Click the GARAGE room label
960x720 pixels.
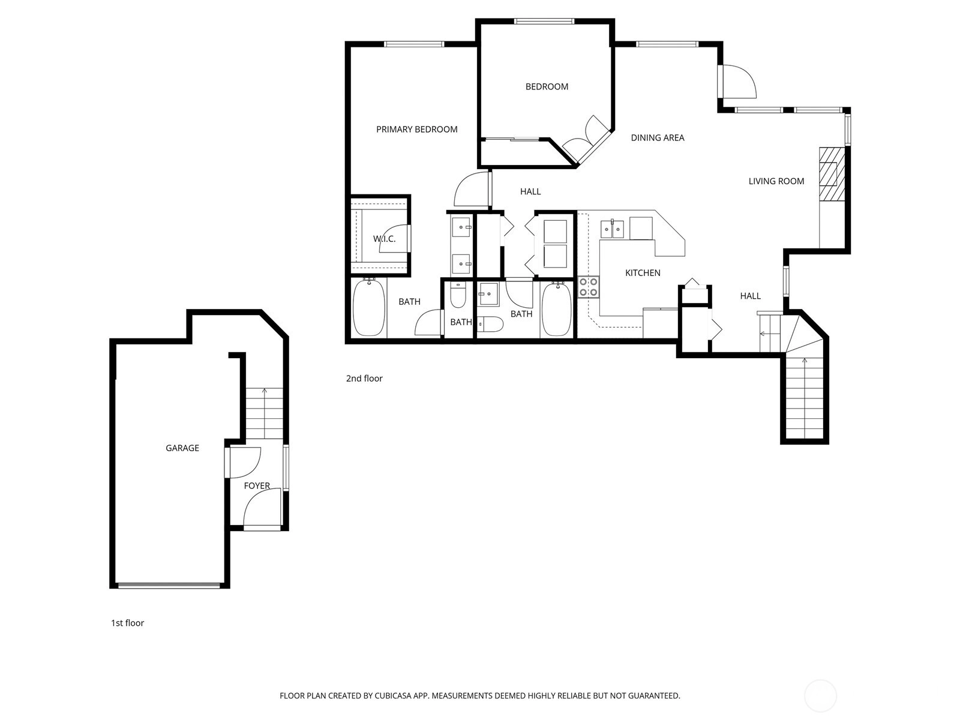[x=182, y=448]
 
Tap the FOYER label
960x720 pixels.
[x=257, y=485]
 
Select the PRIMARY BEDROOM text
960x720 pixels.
[x=417, y=130]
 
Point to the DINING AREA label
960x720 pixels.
[x=658, y=138]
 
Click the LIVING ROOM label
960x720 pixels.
[x=776, y=181]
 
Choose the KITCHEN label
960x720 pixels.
[x=643, y=273]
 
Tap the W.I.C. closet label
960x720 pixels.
[x=384, y=239]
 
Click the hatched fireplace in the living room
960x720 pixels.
[x=832, y=174]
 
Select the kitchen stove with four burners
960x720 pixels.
[x=588, y=287]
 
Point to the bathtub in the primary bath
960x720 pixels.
[x=368, y=307]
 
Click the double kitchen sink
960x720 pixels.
[x=612, y=229]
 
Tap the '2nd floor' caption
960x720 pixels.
[x=364, y=379]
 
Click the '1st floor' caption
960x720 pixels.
[x=127, y=623]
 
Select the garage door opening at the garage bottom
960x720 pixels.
[x=169, y=586]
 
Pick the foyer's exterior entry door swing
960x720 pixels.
[x=262, y=508]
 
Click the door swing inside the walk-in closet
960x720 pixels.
[x=394, y=238]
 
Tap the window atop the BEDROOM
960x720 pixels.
[x=544, y=21]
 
